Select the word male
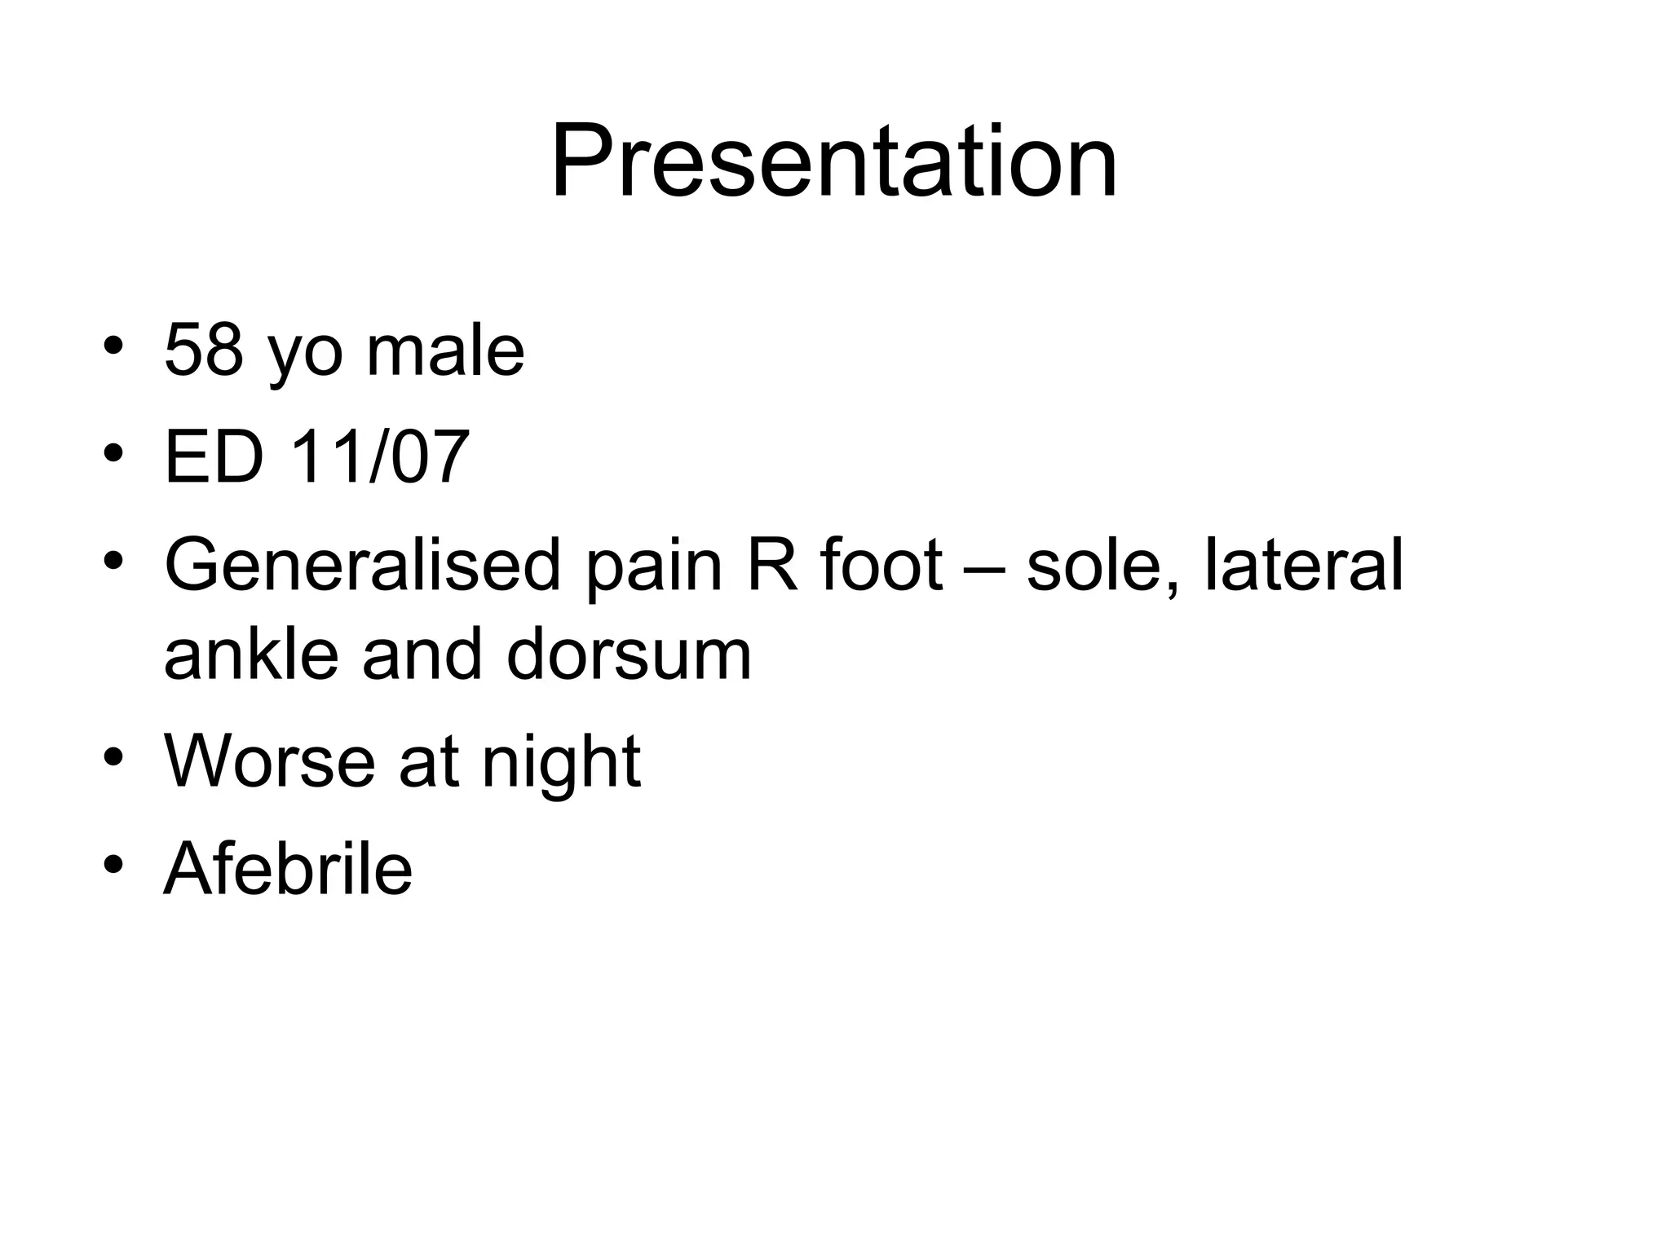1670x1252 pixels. coord(445,350)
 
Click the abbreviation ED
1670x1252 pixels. coord(214,456)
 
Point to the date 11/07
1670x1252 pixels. coord(380,456)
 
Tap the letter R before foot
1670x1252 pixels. coord(771,565)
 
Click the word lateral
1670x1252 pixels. coord(1303,565)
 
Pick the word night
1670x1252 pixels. coord(561,762)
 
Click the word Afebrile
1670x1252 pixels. coord(289,868)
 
